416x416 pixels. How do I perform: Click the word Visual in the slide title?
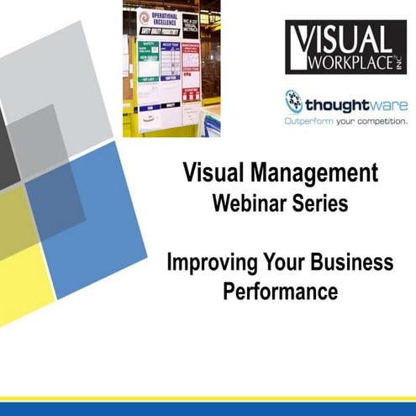coord(213,175)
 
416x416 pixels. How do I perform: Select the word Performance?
coord(280,292)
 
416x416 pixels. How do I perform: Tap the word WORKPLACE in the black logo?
coord(348,61)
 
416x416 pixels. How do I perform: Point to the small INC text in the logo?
coord(401,60)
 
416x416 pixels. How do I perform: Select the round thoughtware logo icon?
coord(293,102)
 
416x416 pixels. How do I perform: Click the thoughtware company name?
coord(355,105)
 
